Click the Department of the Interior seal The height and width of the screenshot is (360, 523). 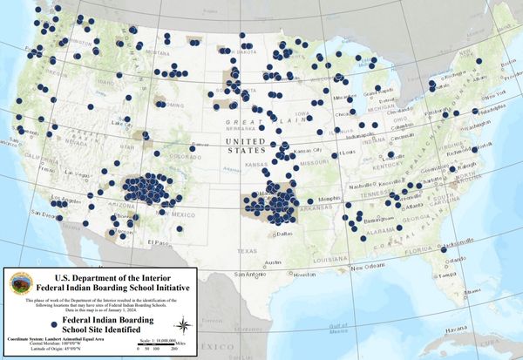click(x=21, y=283)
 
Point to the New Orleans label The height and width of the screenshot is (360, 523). click(x=370, y=266)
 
